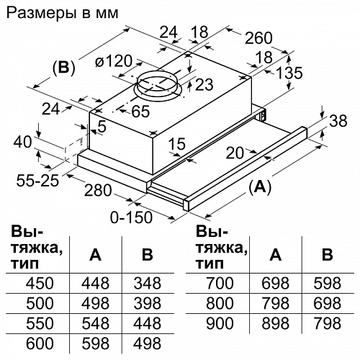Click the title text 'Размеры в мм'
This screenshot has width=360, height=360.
62,13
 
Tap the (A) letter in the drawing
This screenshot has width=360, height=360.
261,187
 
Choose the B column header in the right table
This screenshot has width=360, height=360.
327,254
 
